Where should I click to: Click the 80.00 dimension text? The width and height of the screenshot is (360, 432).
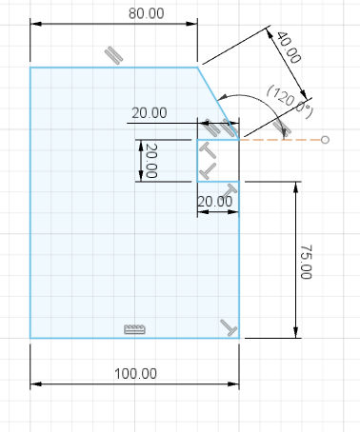coord(146,13)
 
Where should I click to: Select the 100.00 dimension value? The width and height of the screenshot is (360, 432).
coord(135,374)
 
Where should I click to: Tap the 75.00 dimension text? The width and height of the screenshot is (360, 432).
coord(306,262)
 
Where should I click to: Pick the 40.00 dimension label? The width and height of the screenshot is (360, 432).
coord(289,48)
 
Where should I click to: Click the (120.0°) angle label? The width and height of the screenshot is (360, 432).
coord(290,102)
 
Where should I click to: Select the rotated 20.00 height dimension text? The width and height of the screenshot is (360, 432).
coord(151,161)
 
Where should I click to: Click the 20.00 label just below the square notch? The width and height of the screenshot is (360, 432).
coord(215,202)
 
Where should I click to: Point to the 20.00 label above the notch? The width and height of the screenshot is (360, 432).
coord(150,113)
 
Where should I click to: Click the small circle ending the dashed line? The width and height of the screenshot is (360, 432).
coord(325,140)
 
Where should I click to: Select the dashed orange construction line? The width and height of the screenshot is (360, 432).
coord(280,140)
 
